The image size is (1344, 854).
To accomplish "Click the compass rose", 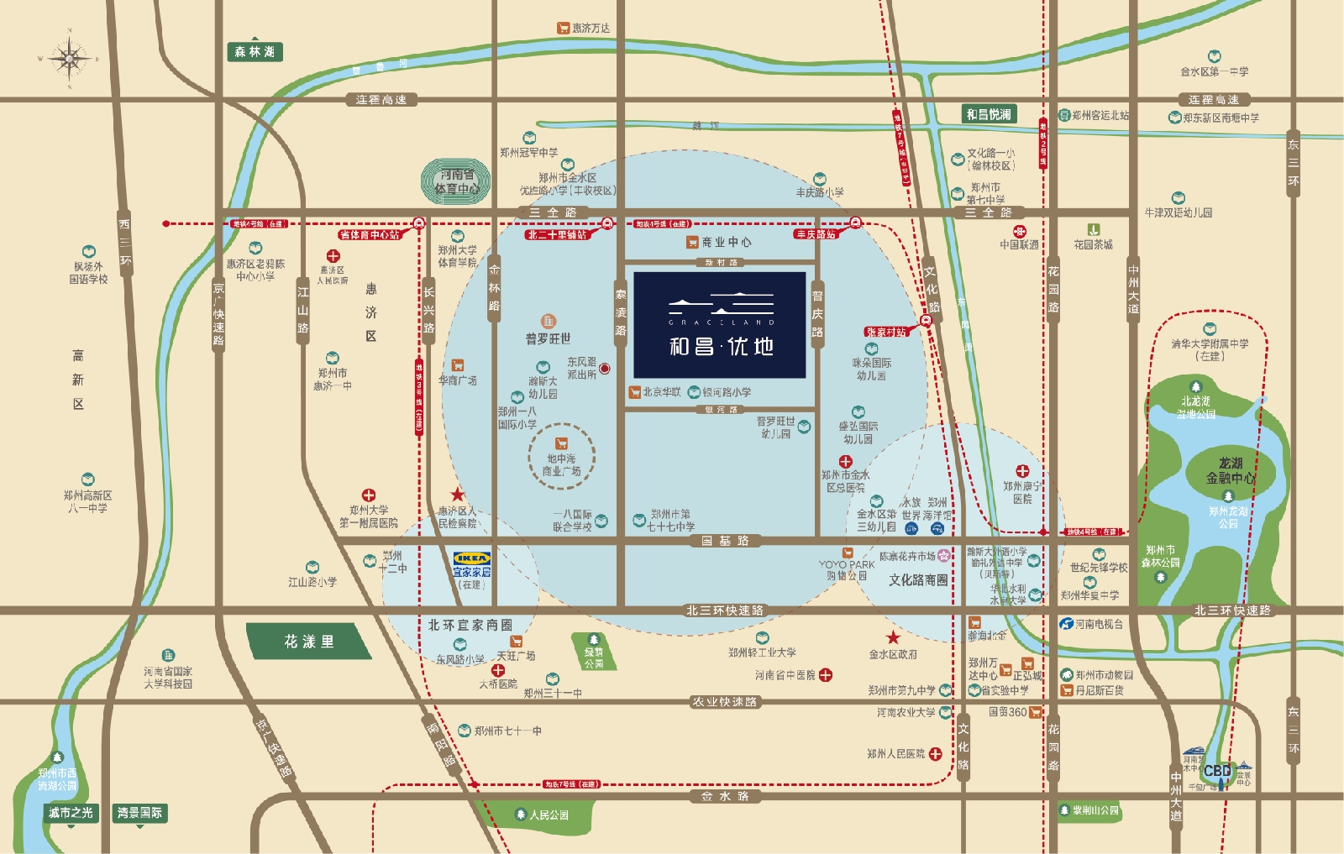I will pos(69,58).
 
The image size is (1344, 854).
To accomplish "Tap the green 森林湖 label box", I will pos(255,52).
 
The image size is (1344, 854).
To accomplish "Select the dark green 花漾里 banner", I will pos(308,642).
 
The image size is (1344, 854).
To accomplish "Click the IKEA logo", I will pos(471,558).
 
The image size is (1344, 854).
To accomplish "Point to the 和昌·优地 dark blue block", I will pos(720,324).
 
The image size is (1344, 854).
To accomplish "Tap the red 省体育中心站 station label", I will pos(370,235).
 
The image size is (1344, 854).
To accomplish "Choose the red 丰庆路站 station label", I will pos(816,234).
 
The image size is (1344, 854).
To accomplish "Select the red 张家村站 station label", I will pos(885,332).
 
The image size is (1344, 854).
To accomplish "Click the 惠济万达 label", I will pos(584,29).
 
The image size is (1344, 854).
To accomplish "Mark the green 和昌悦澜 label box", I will pos(989,114).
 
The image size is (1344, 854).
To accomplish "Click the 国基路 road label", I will pos(725,541).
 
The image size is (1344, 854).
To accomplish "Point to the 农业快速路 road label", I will pos(724,701).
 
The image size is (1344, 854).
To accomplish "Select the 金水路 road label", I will pos(725,796).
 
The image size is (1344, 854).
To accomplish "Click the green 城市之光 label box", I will pos(71,813).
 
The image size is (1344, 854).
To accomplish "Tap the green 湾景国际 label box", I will pos(139,813).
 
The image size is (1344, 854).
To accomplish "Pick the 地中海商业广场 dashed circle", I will pos(561,458).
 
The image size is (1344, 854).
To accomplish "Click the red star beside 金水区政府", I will pos(893,638).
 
